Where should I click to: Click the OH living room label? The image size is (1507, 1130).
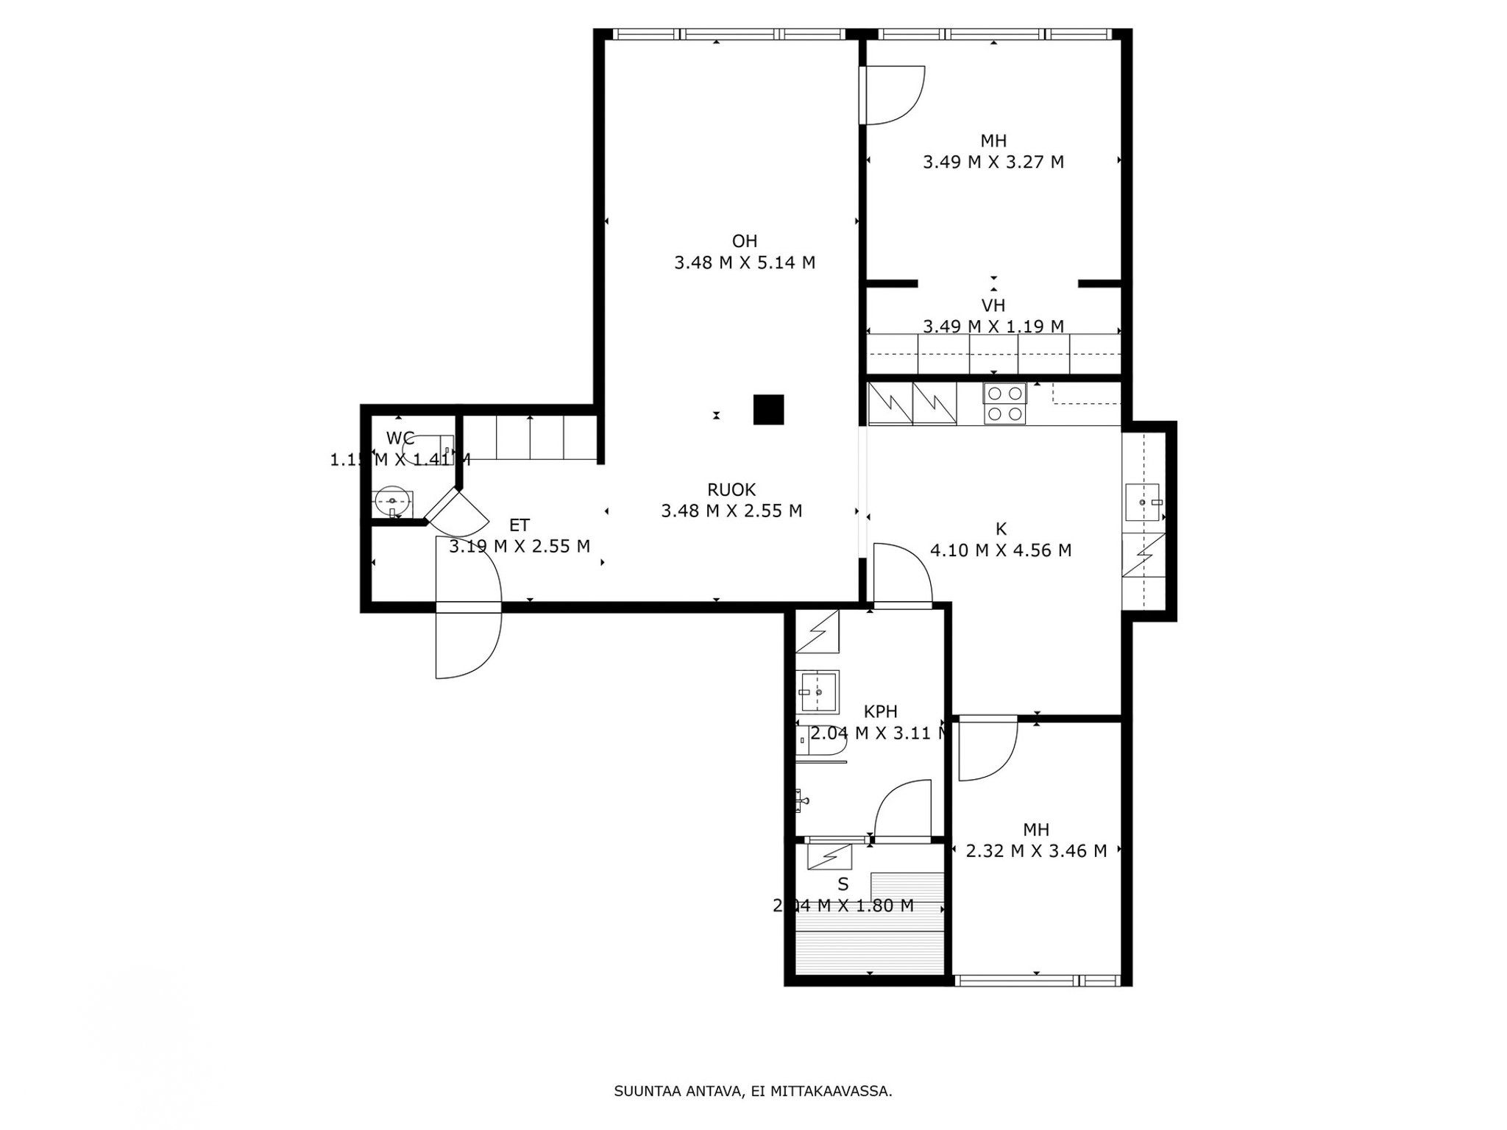[744, 241]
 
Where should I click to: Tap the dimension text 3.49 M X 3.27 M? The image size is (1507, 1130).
[993, 162]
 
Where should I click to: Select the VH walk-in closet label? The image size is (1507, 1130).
[993, 305]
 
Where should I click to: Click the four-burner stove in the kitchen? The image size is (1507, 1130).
[1005, 404]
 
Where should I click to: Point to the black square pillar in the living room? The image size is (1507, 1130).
[768, 410]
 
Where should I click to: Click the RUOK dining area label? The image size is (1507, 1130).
[731, 489]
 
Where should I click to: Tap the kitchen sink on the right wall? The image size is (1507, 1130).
[1142, 502]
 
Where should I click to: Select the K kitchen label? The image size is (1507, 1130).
[1000, 528]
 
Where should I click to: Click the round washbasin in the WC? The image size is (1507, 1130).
[391, 502]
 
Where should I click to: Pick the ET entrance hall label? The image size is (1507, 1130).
[519, 525]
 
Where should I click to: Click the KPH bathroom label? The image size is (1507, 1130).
[880, 711]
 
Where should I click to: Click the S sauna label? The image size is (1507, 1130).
[843, 884]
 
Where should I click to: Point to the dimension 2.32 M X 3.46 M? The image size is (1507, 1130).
[1035, 851]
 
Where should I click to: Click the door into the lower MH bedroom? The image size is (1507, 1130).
[986, 750]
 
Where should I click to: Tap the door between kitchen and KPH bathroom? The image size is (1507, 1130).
[901, 575]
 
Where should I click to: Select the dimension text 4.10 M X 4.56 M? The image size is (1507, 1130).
[1000, 550]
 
